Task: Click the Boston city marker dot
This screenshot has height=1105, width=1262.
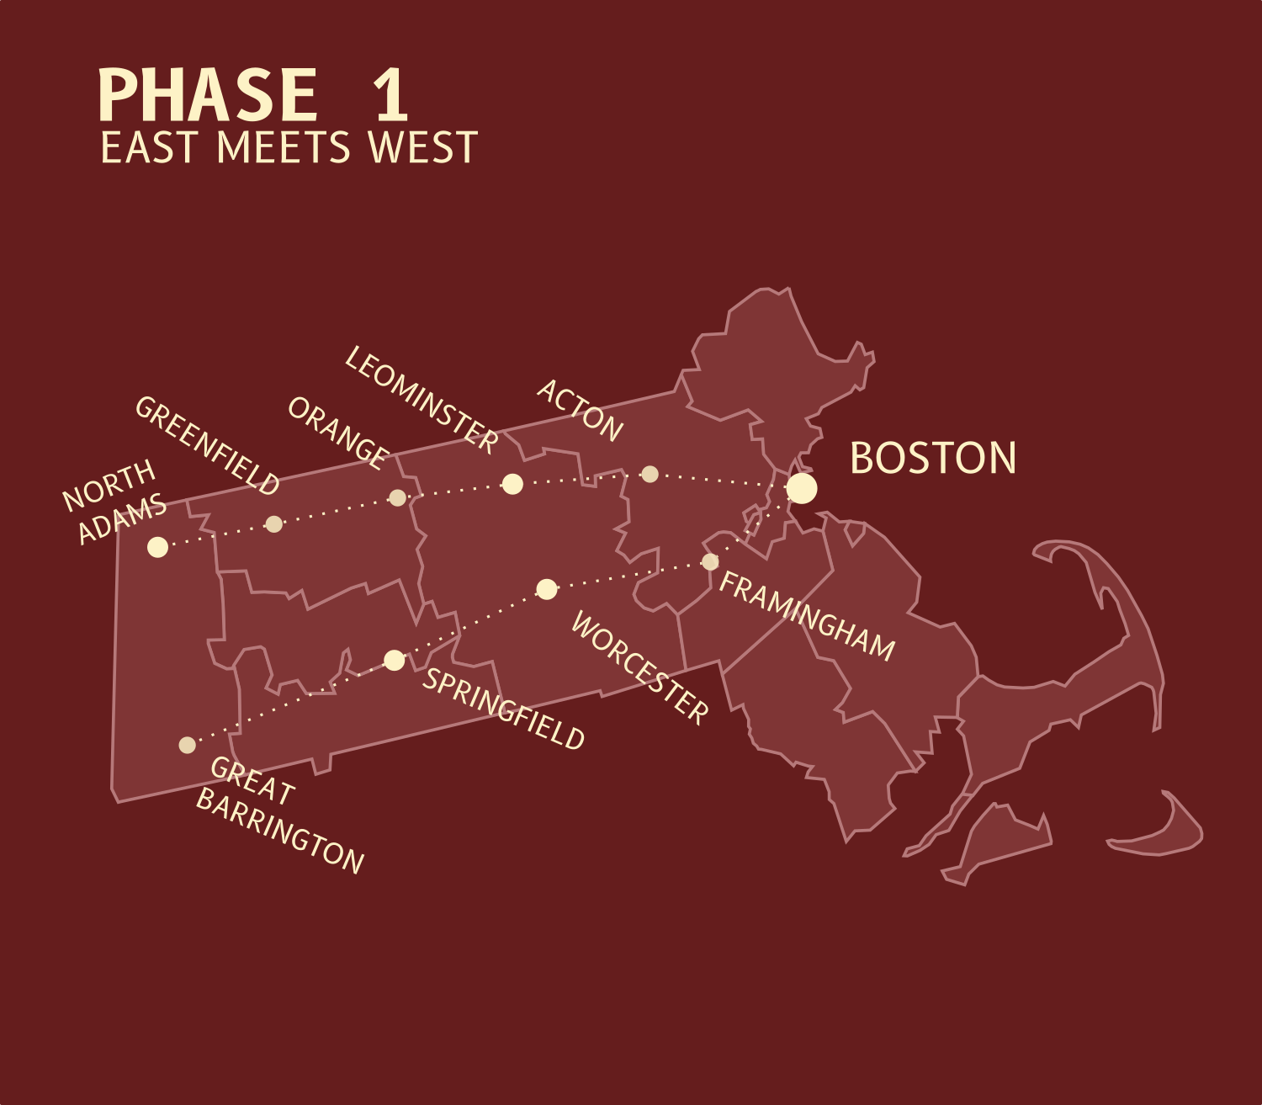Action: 802,488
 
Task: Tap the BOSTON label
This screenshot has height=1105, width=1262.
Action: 933,459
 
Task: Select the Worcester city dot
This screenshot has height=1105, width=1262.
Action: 547,589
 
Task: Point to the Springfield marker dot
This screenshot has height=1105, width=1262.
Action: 395,661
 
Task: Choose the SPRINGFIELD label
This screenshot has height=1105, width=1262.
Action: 503,709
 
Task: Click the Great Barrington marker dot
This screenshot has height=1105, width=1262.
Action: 188,745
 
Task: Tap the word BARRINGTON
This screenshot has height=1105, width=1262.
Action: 279,832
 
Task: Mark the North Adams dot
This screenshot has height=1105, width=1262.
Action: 157,547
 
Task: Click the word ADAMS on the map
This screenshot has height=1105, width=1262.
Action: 122,519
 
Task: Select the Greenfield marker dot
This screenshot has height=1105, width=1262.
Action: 273,524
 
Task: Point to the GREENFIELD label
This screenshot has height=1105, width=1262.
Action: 207,445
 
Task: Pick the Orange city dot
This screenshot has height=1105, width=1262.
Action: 398,498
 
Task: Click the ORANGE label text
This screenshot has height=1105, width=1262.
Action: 337,433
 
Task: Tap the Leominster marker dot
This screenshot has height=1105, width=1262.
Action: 512,484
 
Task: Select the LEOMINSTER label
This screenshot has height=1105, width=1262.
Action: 422,400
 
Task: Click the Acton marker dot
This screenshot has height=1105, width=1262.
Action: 650,474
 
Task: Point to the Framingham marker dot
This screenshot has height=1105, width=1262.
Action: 710,561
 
